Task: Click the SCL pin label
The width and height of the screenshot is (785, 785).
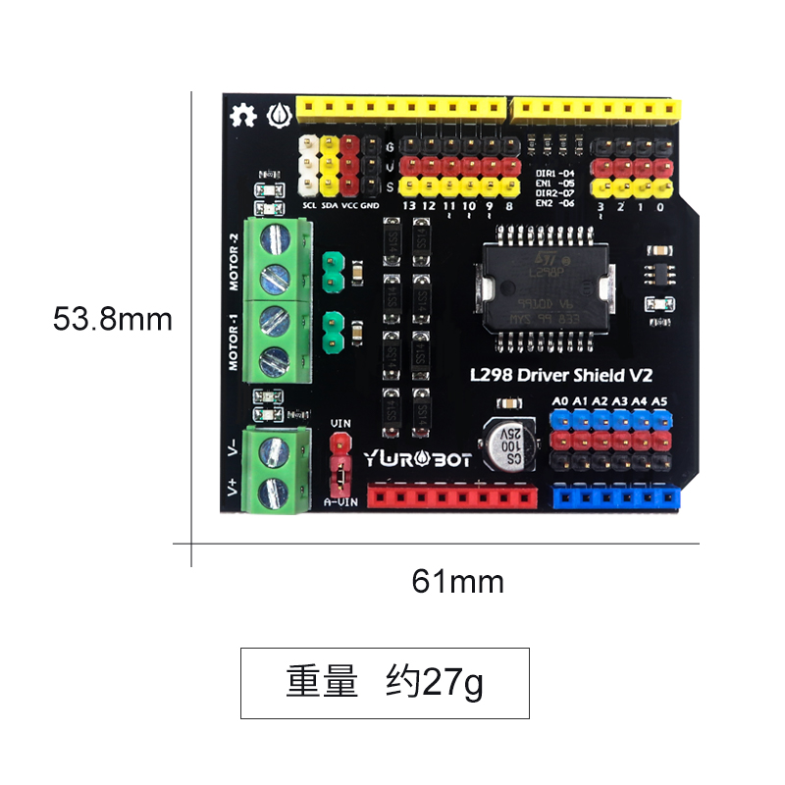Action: click(x=309, y=206)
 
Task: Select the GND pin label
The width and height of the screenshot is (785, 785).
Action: click(x=370, y=206)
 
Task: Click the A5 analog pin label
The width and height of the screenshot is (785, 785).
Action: click(x=659, y=400)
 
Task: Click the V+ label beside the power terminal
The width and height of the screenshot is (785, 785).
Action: click(x=233, y=487)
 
